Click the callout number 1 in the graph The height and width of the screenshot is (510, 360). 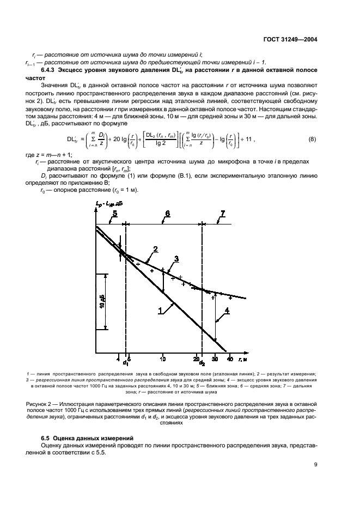tap(161, 311)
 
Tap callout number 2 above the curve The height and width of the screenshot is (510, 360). tap(155, 249)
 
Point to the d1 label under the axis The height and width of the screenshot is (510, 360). tap(125, 362)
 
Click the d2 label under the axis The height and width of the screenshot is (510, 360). tap(202, 363)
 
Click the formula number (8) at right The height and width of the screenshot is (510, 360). tap(312, 139)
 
